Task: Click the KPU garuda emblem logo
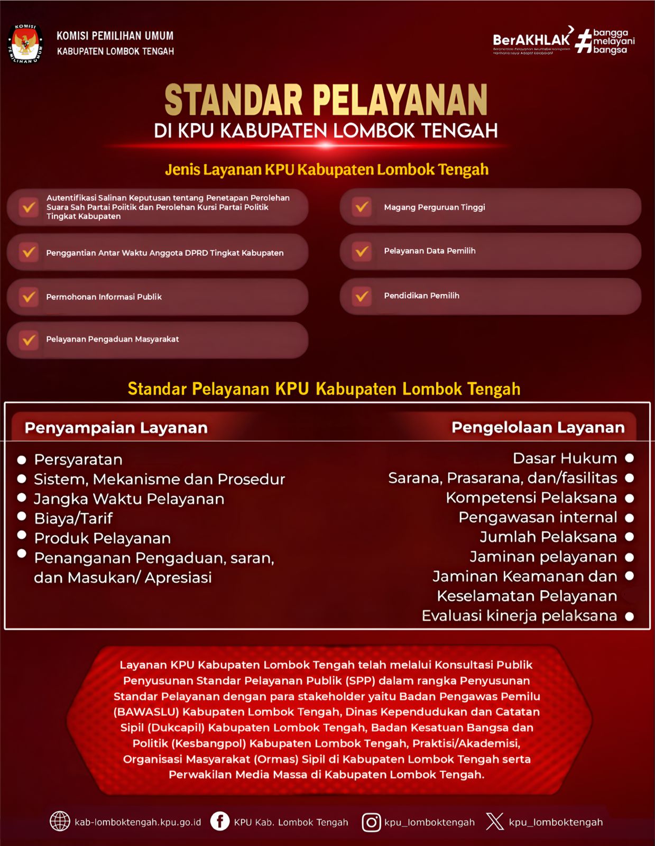[x=25, y=44]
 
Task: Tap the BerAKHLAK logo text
[x=531, y=40]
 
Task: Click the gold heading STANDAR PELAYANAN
[x=326, y=100]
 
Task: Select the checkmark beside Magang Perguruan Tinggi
[x=362, y=207]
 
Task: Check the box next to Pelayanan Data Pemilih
[x=362, y=251]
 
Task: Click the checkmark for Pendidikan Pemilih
[x=362, y=296]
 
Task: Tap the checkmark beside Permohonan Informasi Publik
[x=29, y=297]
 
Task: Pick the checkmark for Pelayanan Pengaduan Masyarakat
[x=29, y=339]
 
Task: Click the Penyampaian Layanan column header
[x=116, y=428]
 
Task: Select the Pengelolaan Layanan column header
[x=538, y=427]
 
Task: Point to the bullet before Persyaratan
[x=22, y=460]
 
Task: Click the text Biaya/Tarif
[x=73, y=519]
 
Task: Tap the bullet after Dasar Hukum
[x=629, y=458]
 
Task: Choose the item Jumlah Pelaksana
[x=548, y=537]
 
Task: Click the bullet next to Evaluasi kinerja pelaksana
[x=629, y=617]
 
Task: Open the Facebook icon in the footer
[x=220, y=822]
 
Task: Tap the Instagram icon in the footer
[x=371, y=822]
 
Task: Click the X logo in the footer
[x=495, y=822]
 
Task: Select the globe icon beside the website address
[x=60, y=822]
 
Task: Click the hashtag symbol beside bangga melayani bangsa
[x=583, y=41]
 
